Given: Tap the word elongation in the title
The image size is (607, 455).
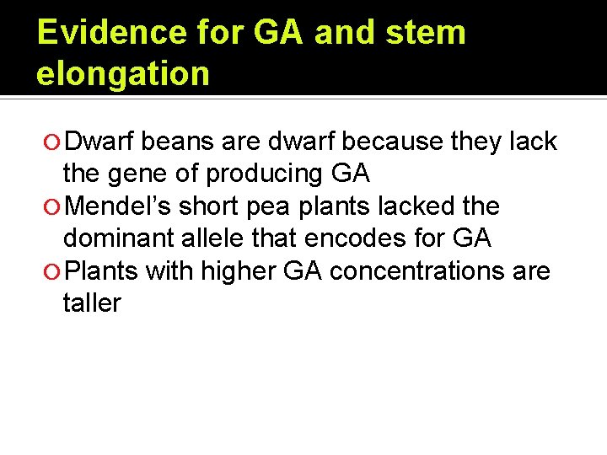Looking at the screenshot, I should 122,74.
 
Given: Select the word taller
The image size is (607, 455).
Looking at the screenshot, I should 92,303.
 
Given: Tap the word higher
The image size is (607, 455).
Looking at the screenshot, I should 246,271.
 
